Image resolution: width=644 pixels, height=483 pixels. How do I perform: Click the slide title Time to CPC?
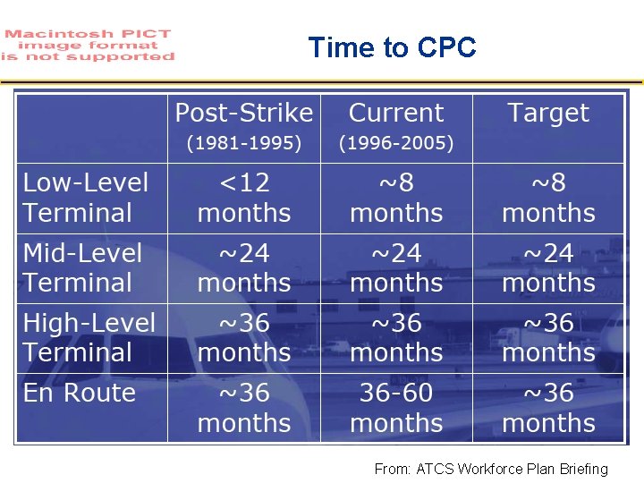click(x=392, y=47)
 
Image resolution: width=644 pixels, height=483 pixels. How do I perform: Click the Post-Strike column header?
click(x=243, y=114)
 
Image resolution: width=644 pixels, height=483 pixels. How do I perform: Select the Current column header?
click(x=395, y=114)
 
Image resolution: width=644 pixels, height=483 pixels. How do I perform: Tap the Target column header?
click(x=547, y=114)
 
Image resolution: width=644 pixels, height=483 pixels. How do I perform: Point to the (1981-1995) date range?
click(x=243, y=143)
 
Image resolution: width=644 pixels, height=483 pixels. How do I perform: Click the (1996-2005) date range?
click(x=395, y=143)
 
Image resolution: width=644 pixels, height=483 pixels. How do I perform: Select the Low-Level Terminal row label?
click(x=86, y=198)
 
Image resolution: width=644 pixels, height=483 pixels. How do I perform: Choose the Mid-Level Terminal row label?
click(x=82, y=267)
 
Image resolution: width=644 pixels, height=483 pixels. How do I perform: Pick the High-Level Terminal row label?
click(x=89, y=337)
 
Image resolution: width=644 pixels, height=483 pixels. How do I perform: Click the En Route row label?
click(x=79, y=394)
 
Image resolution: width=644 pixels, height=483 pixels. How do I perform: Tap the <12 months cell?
click(x=243, y=198)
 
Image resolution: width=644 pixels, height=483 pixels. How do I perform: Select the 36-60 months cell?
click(x=395, y=408)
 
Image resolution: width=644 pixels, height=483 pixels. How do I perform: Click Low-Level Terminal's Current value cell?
click(x=395, y=198)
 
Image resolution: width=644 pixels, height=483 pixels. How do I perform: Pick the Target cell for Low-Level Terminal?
click(x=547, y=198)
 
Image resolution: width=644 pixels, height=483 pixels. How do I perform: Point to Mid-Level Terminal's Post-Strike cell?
click(x=243, y=267)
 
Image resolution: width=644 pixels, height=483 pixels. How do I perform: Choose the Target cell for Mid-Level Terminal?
click(x=547, y=267)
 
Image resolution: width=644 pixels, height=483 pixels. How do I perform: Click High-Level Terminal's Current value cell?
click(x=395, y=337)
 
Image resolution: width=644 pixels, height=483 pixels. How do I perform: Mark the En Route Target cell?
click(x=547, y=408)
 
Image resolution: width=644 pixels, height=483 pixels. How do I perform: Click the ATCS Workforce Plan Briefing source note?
click(x=490, y=469)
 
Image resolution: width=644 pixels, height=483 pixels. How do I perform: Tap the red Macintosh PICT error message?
click(x=87, y=45)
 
